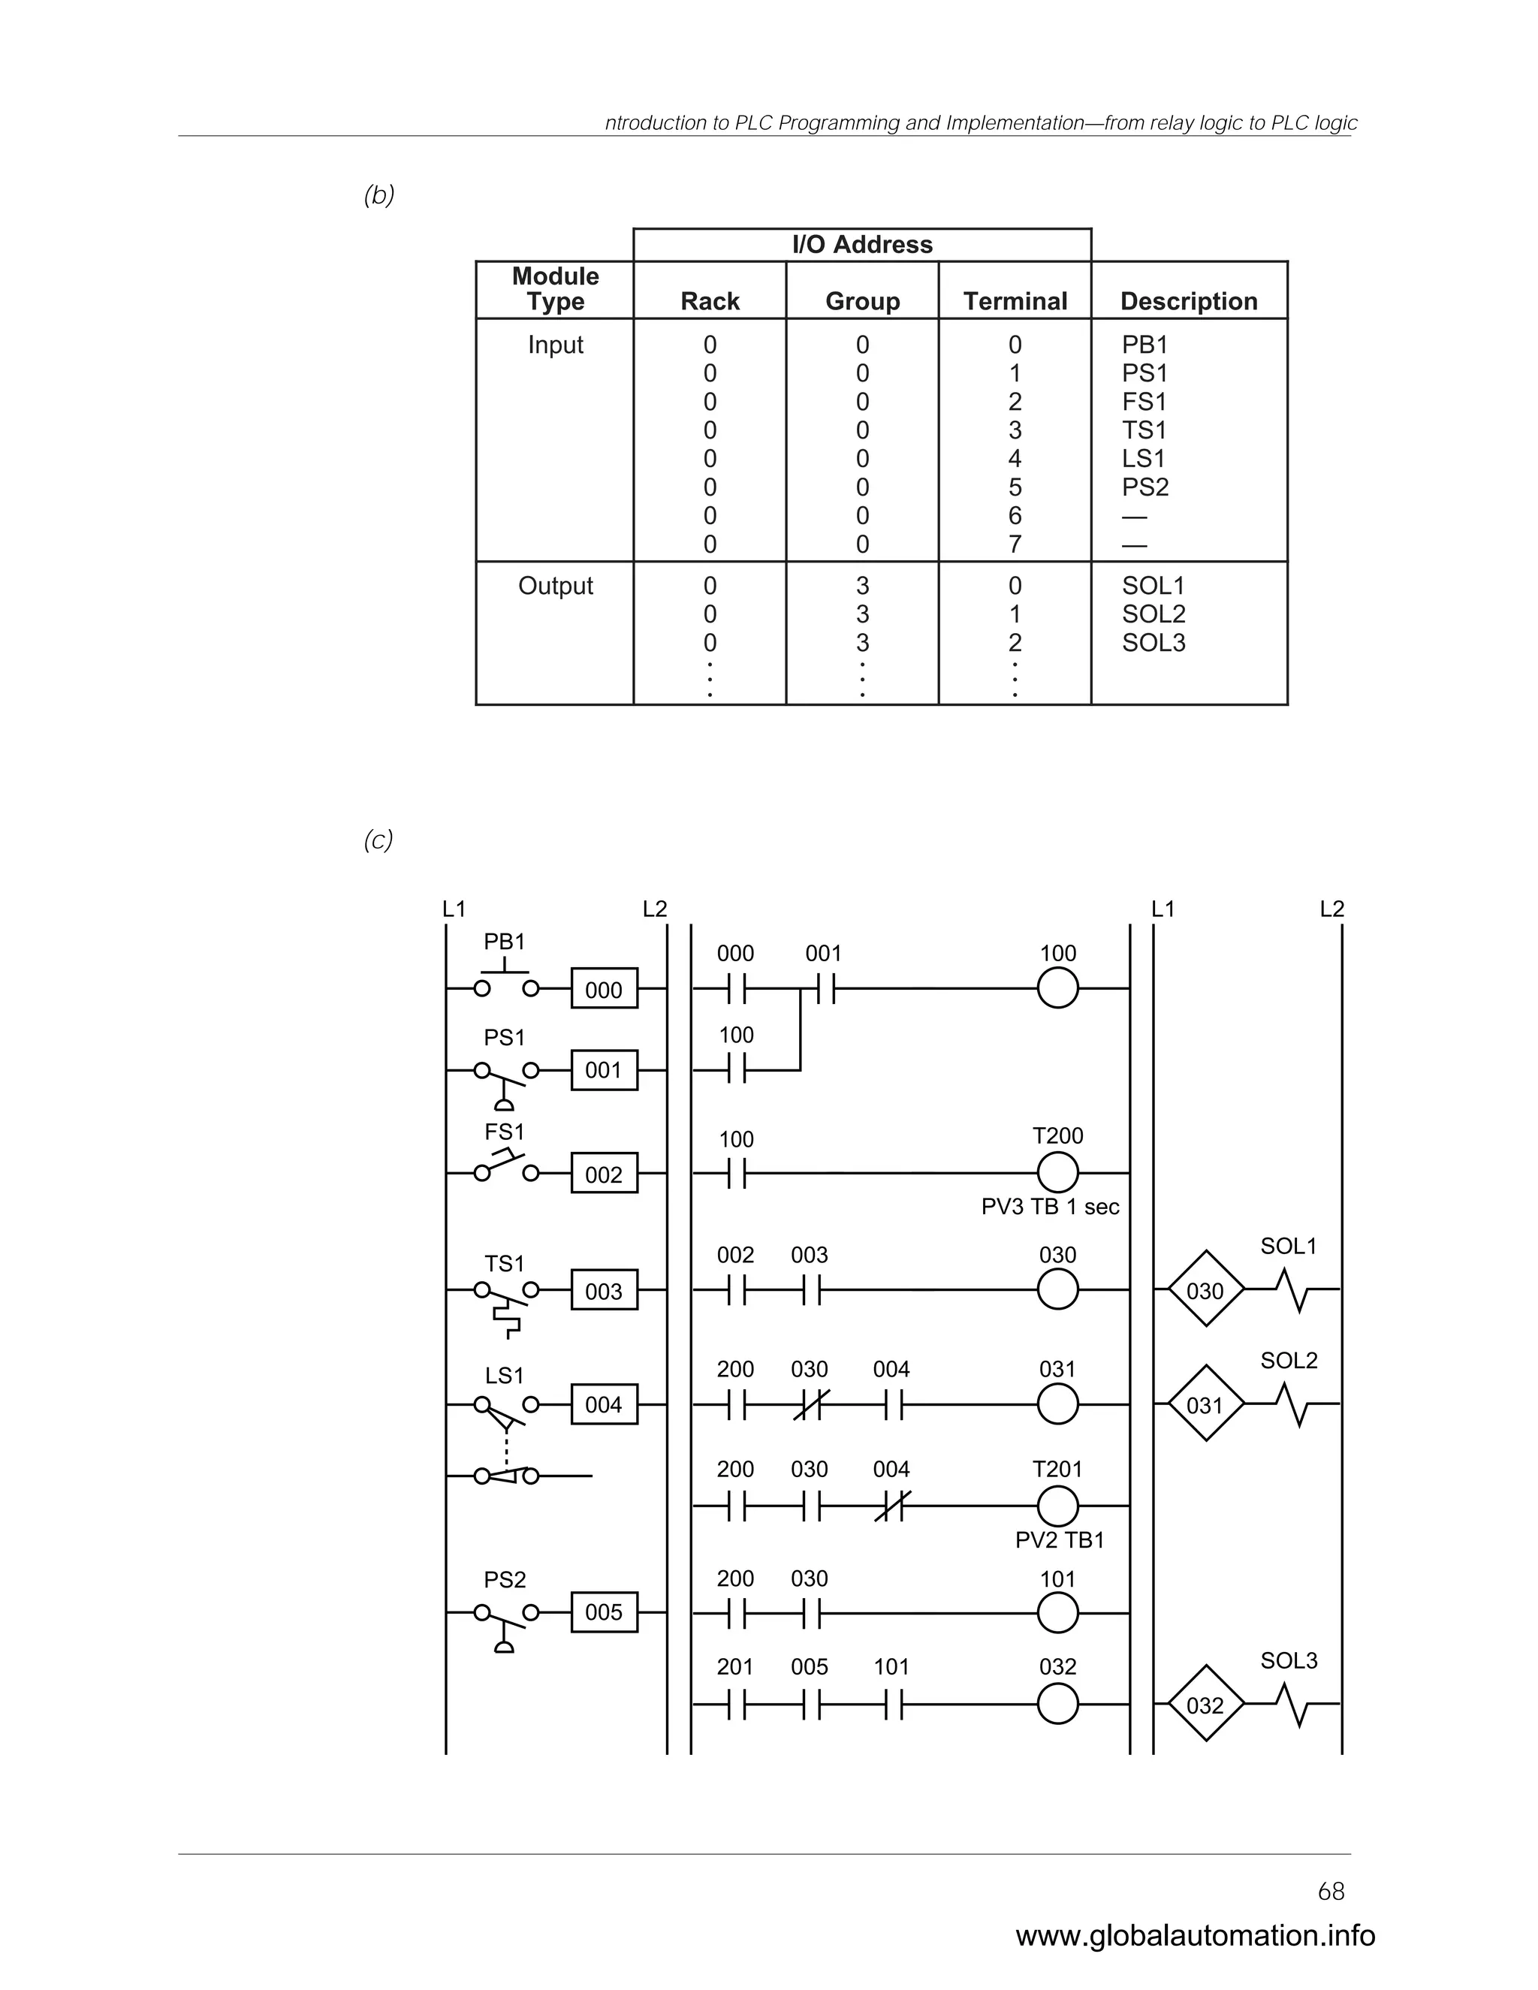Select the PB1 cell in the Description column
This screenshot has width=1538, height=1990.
(1144, 345)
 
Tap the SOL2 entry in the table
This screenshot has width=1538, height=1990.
(1153, 614)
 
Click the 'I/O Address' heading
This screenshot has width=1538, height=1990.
(862, 244)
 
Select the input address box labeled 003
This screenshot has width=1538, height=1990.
(604, 1290)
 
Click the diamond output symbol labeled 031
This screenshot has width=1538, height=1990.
(1205, 1404)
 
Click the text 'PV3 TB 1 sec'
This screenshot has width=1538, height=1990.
(1050, 1207)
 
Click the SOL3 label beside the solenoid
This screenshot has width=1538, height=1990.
(1289, 1660)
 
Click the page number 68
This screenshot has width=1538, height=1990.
(1330, 1892)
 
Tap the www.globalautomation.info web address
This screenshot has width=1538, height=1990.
(1196, 1934)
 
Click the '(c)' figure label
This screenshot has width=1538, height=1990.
(378, 840)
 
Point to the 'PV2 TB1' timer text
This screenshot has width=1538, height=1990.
(1059, 1540)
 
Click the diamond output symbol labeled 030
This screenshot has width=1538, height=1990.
(1205, 1290)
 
